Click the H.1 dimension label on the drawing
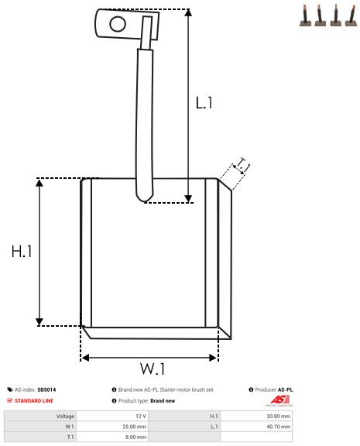[x=21, y=252]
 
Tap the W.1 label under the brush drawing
[x=153, y=367]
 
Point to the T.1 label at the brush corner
[x=242, y=165]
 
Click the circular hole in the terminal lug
[x=117, y=23]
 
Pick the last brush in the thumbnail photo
[x=351, y=16]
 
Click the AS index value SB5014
[x=46, y=389]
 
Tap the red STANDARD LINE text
[x=34, y=400]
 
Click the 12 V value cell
[x=141, y=416]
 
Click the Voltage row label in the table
[x=65, y=416]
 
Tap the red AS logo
[x=277, y=400]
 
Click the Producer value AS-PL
[x=285, y=389]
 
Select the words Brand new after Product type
[x=163, y=400]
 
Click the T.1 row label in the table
[x=70, y=436]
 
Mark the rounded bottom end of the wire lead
[x=144, y=197]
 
